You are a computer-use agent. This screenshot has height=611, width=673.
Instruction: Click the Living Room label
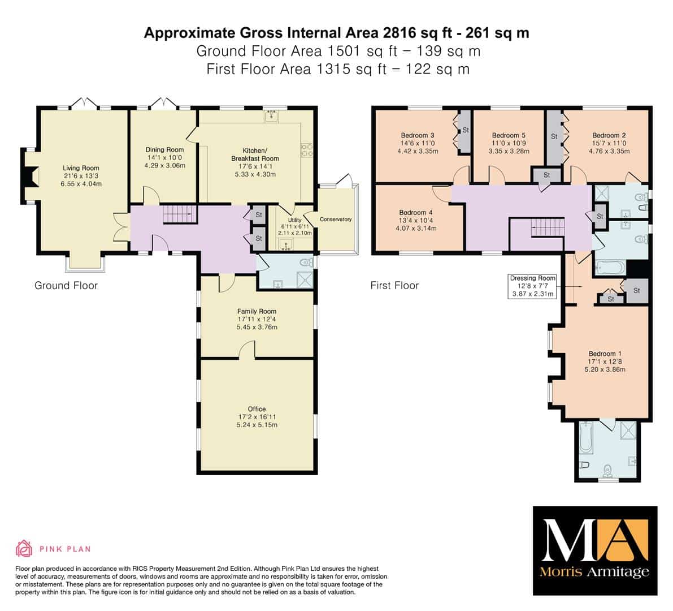coord(81,168)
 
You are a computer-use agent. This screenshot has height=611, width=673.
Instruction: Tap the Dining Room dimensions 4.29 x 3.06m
coord(165,165)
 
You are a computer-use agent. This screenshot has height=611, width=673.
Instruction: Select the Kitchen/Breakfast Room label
coord(255,154)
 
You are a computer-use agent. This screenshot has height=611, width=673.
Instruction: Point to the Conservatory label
coord(336,219)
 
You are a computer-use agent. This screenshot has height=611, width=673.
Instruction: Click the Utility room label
coord(294,220)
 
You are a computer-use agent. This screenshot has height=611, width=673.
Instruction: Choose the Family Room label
coord(257,311)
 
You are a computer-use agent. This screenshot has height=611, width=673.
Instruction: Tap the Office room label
coord(257,409)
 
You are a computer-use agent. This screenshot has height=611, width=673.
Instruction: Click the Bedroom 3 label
coord(418,135)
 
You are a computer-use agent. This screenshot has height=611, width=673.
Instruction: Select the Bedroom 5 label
coord(509,135)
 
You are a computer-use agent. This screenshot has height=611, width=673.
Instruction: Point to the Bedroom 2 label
coord(609,135)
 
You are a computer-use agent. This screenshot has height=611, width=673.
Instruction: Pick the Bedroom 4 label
coord(415,212)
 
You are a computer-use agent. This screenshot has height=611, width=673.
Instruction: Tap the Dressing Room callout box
coord(533,286)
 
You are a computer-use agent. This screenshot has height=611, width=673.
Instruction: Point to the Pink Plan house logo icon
coord(24,548)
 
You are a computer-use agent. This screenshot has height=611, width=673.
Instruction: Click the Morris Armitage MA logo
coord(595,550)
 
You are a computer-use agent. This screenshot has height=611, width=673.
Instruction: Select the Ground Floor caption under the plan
coord(66,285)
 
